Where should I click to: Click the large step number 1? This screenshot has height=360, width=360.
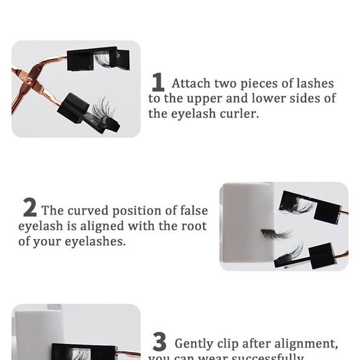[158, 83]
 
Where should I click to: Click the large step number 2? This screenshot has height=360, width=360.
[29, 207]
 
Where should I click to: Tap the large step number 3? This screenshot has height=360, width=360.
[160, 342]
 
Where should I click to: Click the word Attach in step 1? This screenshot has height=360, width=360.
[191, 84]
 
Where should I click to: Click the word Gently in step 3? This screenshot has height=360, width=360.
[196, 343]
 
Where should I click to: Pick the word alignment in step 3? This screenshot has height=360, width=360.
[308, 343]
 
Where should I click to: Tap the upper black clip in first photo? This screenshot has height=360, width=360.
[93, 58]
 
